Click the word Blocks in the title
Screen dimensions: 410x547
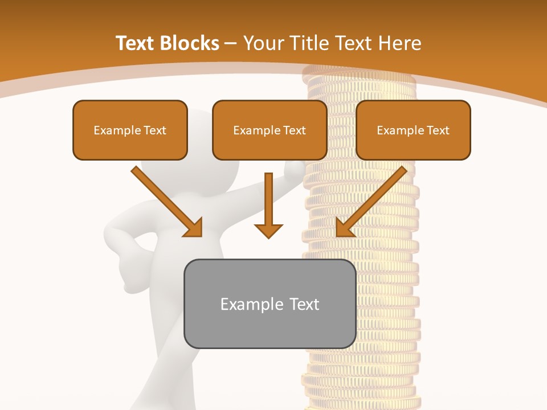pos(190,43)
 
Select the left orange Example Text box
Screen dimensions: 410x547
pos(130,130)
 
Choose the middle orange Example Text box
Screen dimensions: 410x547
pos(270,130)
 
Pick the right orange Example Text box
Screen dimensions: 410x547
pos(413,130)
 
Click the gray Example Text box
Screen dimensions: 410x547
pos(270,304)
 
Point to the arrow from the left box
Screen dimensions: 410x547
pos(165,200)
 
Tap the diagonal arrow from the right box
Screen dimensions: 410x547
pos(373,200)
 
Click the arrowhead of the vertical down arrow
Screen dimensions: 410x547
pos(268,230)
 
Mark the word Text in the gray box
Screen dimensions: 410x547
pos(304,304)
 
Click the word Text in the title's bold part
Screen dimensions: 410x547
pos(137,43)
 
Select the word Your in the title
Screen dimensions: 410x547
pos(263,43)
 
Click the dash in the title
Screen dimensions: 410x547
pos(231,43)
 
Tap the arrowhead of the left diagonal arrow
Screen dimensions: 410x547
pos(194,228)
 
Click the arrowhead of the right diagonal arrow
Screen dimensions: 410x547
pos(344,228)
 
